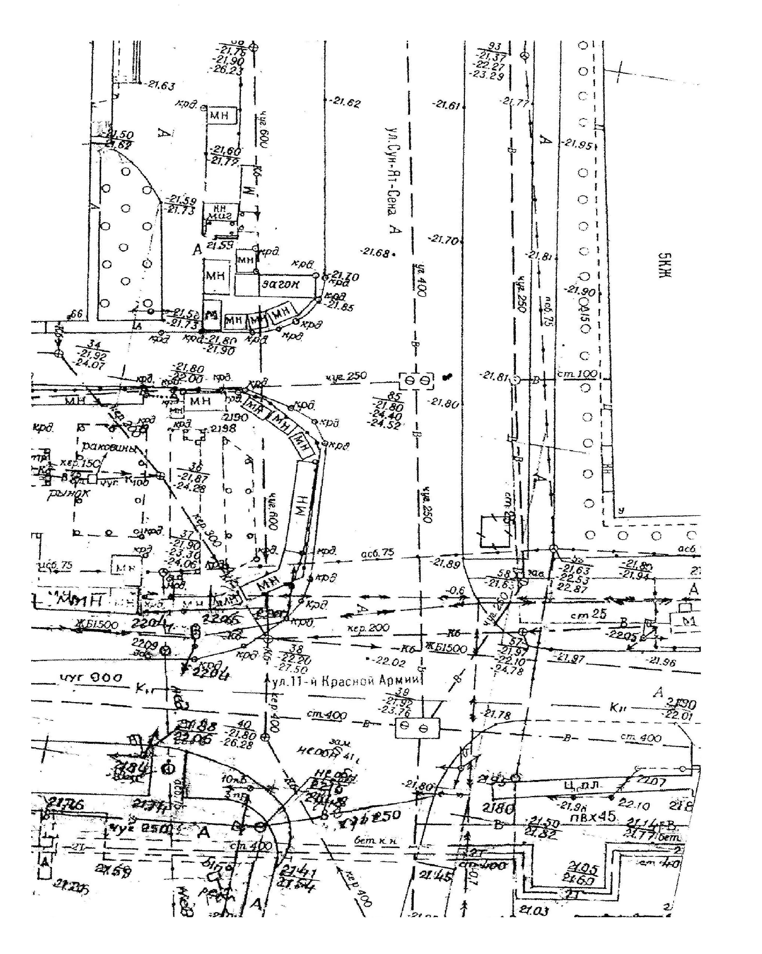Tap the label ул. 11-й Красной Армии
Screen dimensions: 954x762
tap(345, 682)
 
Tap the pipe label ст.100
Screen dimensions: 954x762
tap(577, 374)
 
